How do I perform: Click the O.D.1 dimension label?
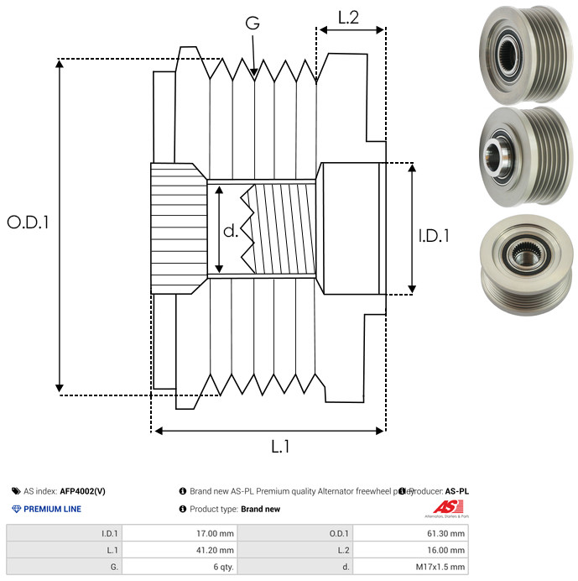28,222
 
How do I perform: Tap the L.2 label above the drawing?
348,18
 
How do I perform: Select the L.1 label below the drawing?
280,447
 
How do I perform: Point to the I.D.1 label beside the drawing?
434,237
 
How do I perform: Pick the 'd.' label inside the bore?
231,230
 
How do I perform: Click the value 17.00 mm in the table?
214,533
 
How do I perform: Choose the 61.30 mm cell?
445,533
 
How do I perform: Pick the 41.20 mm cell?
214,550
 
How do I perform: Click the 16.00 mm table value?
445,550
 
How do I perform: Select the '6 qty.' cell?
222,567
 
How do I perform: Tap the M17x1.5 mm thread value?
439,567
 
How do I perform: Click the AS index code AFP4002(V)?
82,491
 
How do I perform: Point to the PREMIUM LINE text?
52,509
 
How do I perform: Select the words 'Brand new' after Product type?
260,509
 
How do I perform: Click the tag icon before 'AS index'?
16,491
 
